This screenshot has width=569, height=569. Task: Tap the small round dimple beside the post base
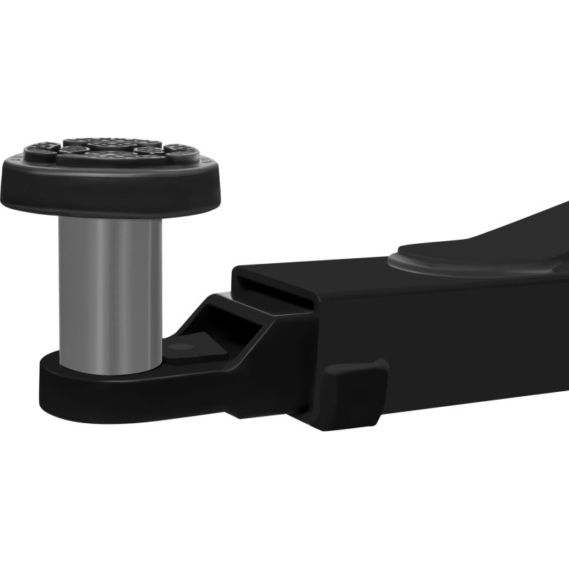183,346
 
